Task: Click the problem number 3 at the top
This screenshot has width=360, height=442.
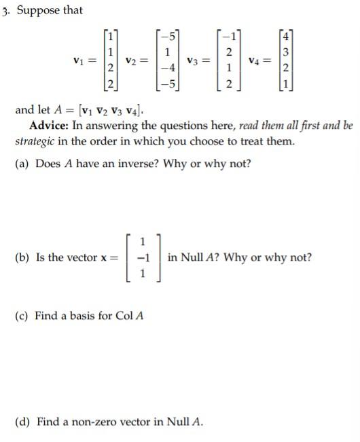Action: [5, 10]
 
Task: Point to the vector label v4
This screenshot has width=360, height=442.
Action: [254, 61]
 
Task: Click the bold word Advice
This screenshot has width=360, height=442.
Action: [51, 126]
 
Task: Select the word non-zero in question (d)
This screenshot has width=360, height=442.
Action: [94, 422]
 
